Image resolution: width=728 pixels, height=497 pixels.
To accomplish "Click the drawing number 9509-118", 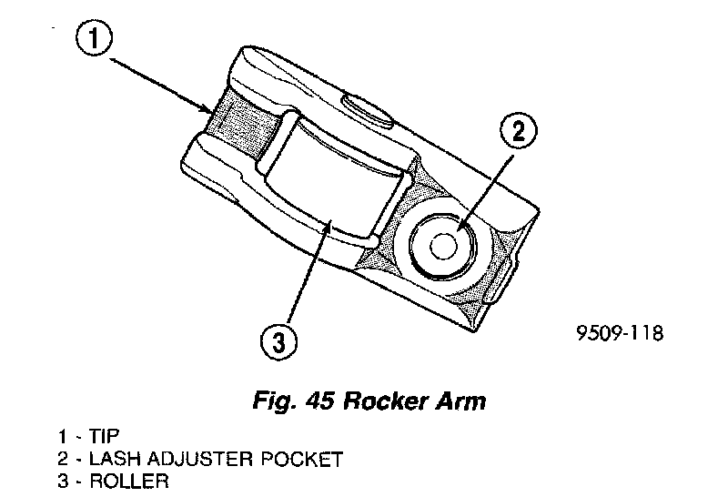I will [620, 333].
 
